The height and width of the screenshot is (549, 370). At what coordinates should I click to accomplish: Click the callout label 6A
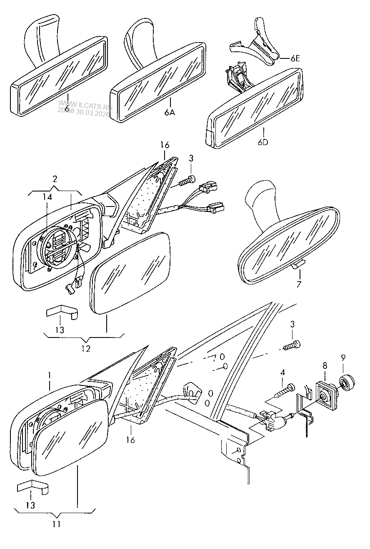(x=170, y=113)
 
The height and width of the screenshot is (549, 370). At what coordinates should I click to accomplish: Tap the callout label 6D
(x=263, y=142)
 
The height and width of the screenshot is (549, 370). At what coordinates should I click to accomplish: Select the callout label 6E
(x=295, y=59)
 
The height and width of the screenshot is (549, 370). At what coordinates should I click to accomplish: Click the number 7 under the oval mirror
(x=298, y=285)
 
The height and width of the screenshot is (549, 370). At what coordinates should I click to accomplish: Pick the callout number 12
(x=86, y=348)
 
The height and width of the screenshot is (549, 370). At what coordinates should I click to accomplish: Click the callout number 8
(x=325, y=365)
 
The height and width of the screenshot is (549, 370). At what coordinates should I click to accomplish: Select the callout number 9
(x=343, y=358)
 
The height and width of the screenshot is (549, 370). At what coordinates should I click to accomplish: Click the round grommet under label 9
(x=345, y=383)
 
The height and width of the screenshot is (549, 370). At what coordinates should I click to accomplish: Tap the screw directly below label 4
(x=285, y=391)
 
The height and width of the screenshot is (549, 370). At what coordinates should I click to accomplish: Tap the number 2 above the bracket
(x=55, y=180)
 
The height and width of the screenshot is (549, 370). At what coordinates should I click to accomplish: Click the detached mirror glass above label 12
(x=131, y=274)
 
